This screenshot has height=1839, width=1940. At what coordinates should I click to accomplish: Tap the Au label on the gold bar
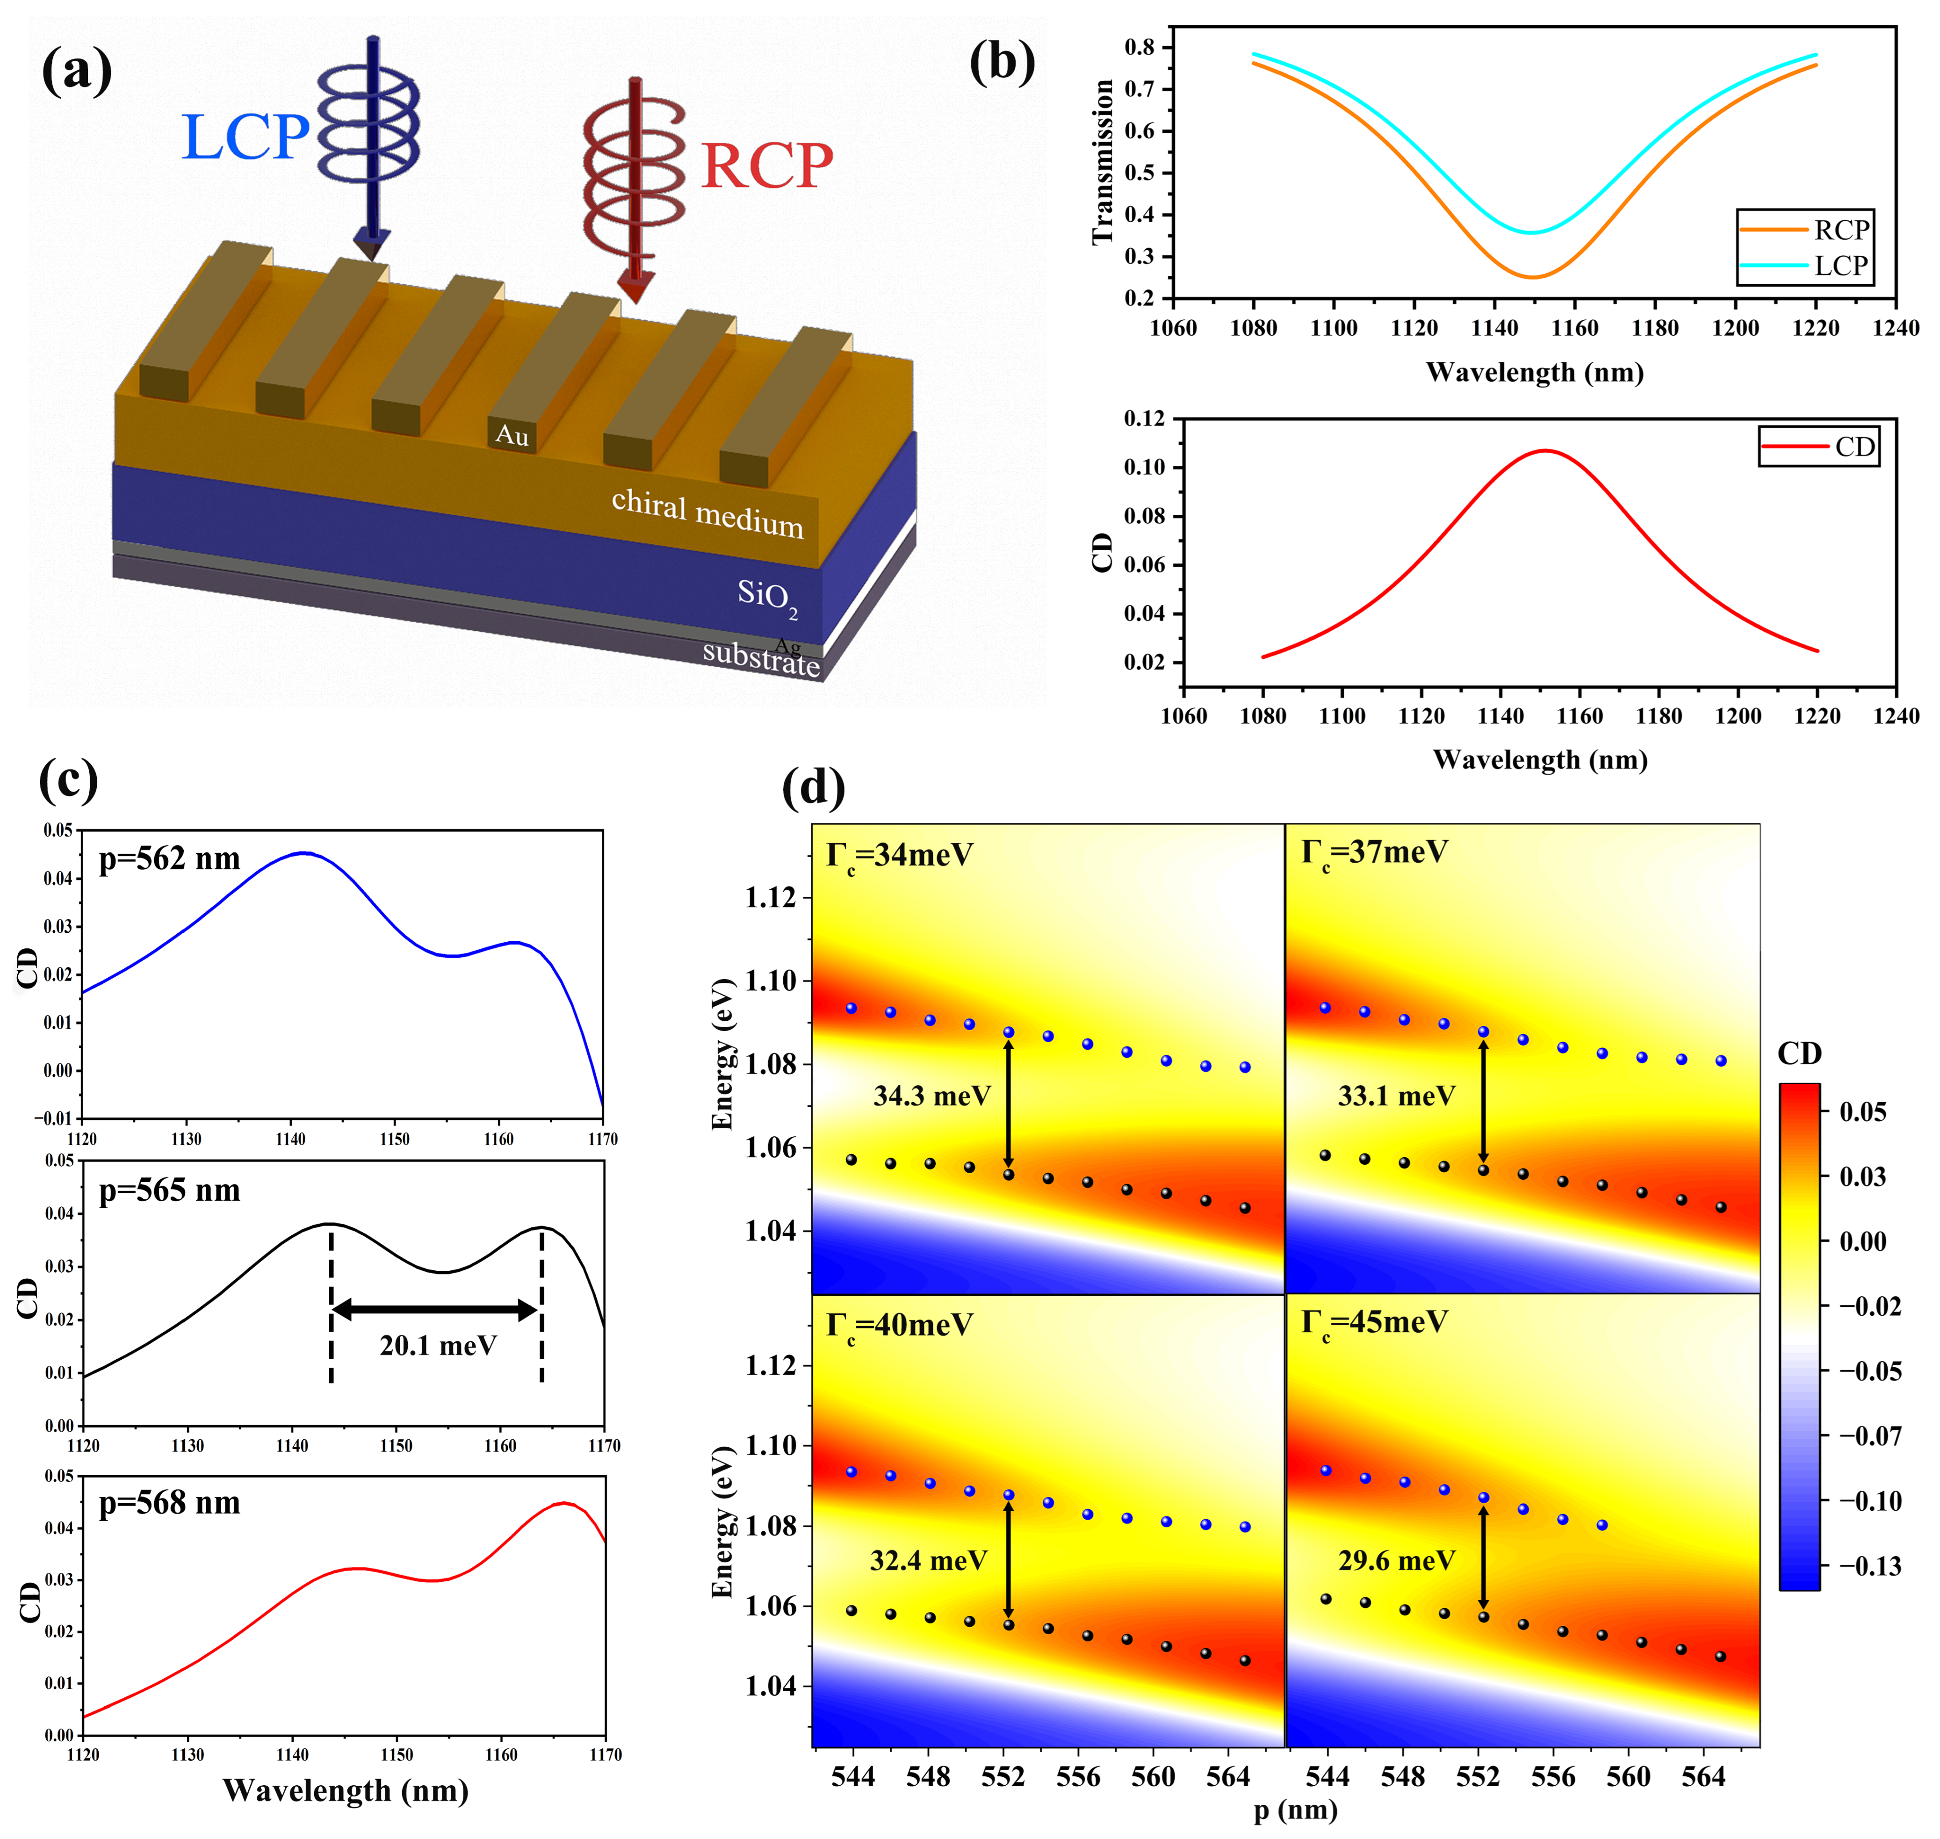[512, 434]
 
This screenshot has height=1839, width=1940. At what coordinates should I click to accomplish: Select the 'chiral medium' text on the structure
[707, 514]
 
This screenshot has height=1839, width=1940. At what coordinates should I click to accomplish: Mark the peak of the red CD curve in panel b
[1546, 451]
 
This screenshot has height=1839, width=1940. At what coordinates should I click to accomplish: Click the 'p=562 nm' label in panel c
[170, 859]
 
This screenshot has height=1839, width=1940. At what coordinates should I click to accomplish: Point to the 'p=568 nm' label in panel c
[170, 1503]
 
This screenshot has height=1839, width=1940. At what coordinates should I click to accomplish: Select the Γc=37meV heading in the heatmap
[1374, 852]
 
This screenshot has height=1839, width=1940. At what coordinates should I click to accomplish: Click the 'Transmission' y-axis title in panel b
[1103, 162]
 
